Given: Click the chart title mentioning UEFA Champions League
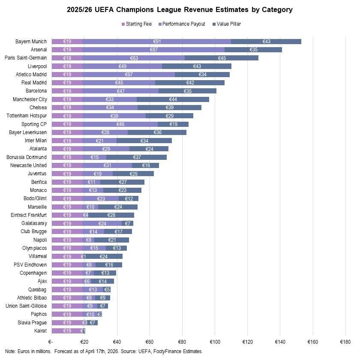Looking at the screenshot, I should coord(180,9).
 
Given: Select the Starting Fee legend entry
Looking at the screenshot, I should coord(138,24).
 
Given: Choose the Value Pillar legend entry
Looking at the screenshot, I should coord(226,24).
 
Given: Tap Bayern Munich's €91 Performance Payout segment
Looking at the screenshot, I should coord(157,42).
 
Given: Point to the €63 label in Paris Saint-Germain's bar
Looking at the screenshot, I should coord(134,58).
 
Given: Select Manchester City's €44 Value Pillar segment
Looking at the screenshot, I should coord(173,99).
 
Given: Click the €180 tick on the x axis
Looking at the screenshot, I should coord(345,342).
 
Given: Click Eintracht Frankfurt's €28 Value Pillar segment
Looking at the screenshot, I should coord(111,215).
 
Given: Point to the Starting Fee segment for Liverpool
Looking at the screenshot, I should coord(67,66).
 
